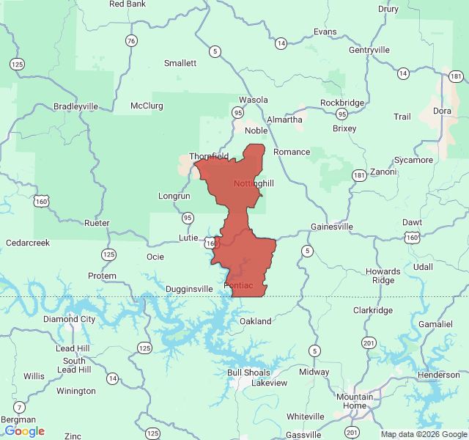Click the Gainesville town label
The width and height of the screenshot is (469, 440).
point(332,227)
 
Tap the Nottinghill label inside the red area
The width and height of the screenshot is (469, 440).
point(254,183)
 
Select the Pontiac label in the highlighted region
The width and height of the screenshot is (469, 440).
point(238,285)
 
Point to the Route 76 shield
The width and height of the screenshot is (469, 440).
point(131,40)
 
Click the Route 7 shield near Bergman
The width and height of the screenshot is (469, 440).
point(19,407)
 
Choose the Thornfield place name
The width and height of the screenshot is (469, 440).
point(210,156)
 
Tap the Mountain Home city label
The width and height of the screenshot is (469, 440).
point(355,401)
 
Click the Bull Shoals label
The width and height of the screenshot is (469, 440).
point(249,373)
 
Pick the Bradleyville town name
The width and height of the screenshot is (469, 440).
point(75,106)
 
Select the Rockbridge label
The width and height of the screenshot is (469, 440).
point(342,103)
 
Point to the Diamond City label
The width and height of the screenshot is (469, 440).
point(69,319)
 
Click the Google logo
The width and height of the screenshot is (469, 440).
point(24,431)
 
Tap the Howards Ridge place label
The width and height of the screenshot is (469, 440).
point(383,276)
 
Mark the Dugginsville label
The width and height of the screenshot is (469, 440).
point(189,289)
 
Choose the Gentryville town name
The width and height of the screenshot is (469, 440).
point(369,50)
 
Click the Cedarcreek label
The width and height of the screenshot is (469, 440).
point(27,243)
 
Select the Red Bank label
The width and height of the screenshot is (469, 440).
point(127,4)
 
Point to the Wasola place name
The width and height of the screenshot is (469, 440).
point(254,100)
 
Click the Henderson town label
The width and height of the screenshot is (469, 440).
point(438,375)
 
